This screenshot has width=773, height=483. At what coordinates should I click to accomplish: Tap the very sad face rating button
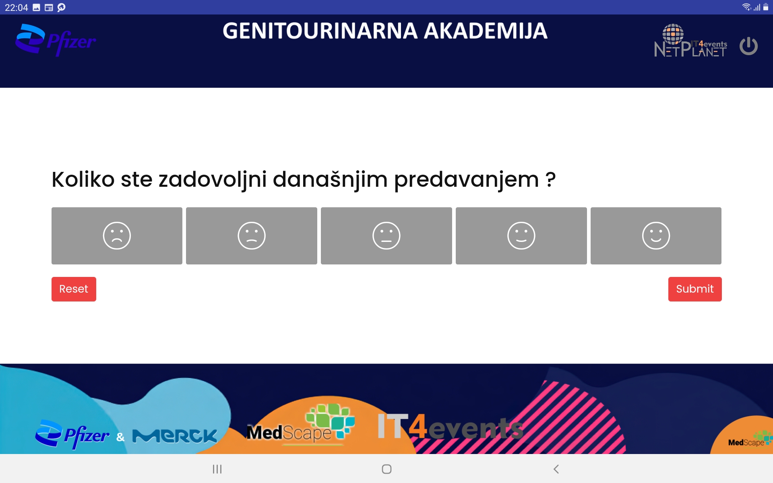click(117, 235)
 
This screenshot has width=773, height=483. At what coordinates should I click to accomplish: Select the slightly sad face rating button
click(252, 235)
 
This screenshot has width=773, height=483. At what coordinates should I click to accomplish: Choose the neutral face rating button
click(386, 235)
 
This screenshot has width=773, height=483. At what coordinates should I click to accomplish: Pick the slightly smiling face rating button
click(521, 235)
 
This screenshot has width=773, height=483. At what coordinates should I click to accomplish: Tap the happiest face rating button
click(656, 235)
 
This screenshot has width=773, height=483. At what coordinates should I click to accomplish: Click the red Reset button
click(74, 289)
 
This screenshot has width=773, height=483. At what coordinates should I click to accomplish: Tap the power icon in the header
click(748, 46)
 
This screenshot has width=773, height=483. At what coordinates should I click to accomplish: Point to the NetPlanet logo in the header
click(690, 41)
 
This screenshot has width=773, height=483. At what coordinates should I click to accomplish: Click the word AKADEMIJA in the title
click(486, 31)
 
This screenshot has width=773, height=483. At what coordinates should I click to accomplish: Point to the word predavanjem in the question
click(467, 180)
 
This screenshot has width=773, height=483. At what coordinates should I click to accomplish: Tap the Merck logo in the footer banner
click(175, 436)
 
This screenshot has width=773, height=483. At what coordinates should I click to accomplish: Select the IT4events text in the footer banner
click(450, 427)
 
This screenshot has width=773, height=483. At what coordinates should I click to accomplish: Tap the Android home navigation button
click(386, 469)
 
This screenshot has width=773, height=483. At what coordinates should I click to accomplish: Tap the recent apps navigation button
click(217, 469)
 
